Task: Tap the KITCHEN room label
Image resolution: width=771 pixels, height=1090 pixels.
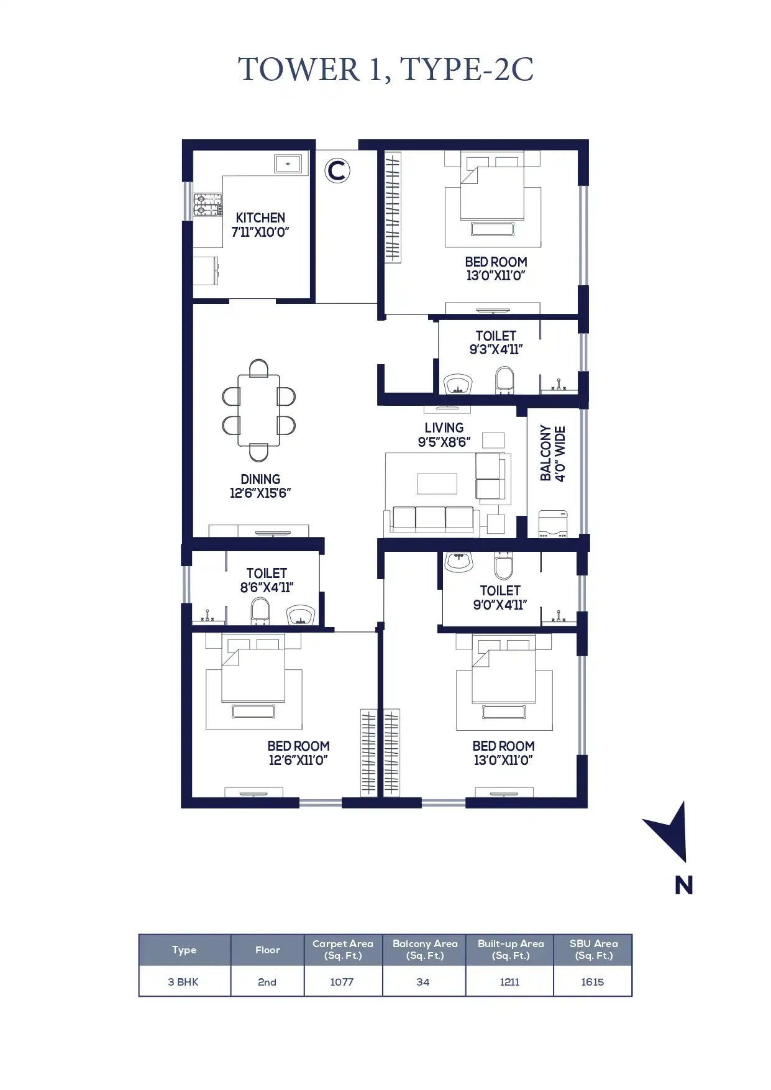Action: [260, 218]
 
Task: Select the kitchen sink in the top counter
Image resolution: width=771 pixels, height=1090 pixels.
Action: [288, 164]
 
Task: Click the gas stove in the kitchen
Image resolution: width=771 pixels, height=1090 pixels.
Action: [208, 205]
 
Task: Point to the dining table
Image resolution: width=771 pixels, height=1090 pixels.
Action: [258, 411]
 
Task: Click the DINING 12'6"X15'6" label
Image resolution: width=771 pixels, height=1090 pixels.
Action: [260, 486]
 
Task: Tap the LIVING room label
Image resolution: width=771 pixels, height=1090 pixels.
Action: [444, 428]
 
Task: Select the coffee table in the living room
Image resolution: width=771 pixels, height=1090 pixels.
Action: [437, 483]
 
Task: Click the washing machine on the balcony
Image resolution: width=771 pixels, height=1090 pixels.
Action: [553, 523]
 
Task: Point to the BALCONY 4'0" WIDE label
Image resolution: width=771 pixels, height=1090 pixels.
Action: [552, 453]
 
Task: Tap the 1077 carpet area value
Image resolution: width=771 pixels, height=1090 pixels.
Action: [342, 982]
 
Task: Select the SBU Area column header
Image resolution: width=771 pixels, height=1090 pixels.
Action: [593, 950]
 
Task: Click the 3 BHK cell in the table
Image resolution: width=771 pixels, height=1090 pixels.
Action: [183, 982]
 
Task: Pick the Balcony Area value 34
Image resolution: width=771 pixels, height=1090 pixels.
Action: [423, 982]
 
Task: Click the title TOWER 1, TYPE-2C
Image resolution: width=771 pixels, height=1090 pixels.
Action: [386, 69]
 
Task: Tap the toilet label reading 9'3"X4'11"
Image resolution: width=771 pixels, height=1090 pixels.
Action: [496, 349]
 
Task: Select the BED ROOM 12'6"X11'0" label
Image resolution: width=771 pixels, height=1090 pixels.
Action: [298, 753]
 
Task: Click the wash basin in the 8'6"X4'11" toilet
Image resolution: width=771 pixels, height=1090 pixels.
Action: [301, 615]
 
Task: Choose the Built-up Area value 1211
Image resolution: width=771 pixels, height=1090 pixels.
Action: [509, 982]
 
